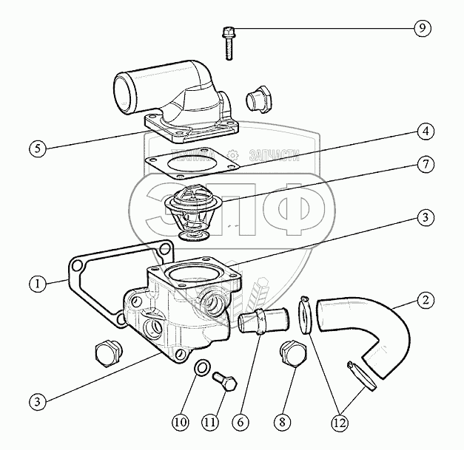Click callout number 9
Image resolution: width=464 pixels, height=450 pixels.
tap(421, 29)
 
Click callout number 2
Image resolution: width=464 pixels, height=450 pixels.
tap(424, 301)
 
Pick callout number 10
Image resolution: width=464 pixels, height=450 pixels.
tap(181, 423)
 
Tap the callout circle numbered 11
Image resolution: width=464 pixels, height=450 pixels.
tap(211, 423)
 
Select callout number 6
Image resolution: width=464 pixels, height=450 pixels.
tap(241, 423)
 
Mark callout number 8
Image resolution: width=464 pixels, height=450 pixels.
tap(280, 423)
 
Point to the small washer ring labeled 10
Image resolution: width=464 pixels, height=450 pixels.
tap(201, 367)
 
